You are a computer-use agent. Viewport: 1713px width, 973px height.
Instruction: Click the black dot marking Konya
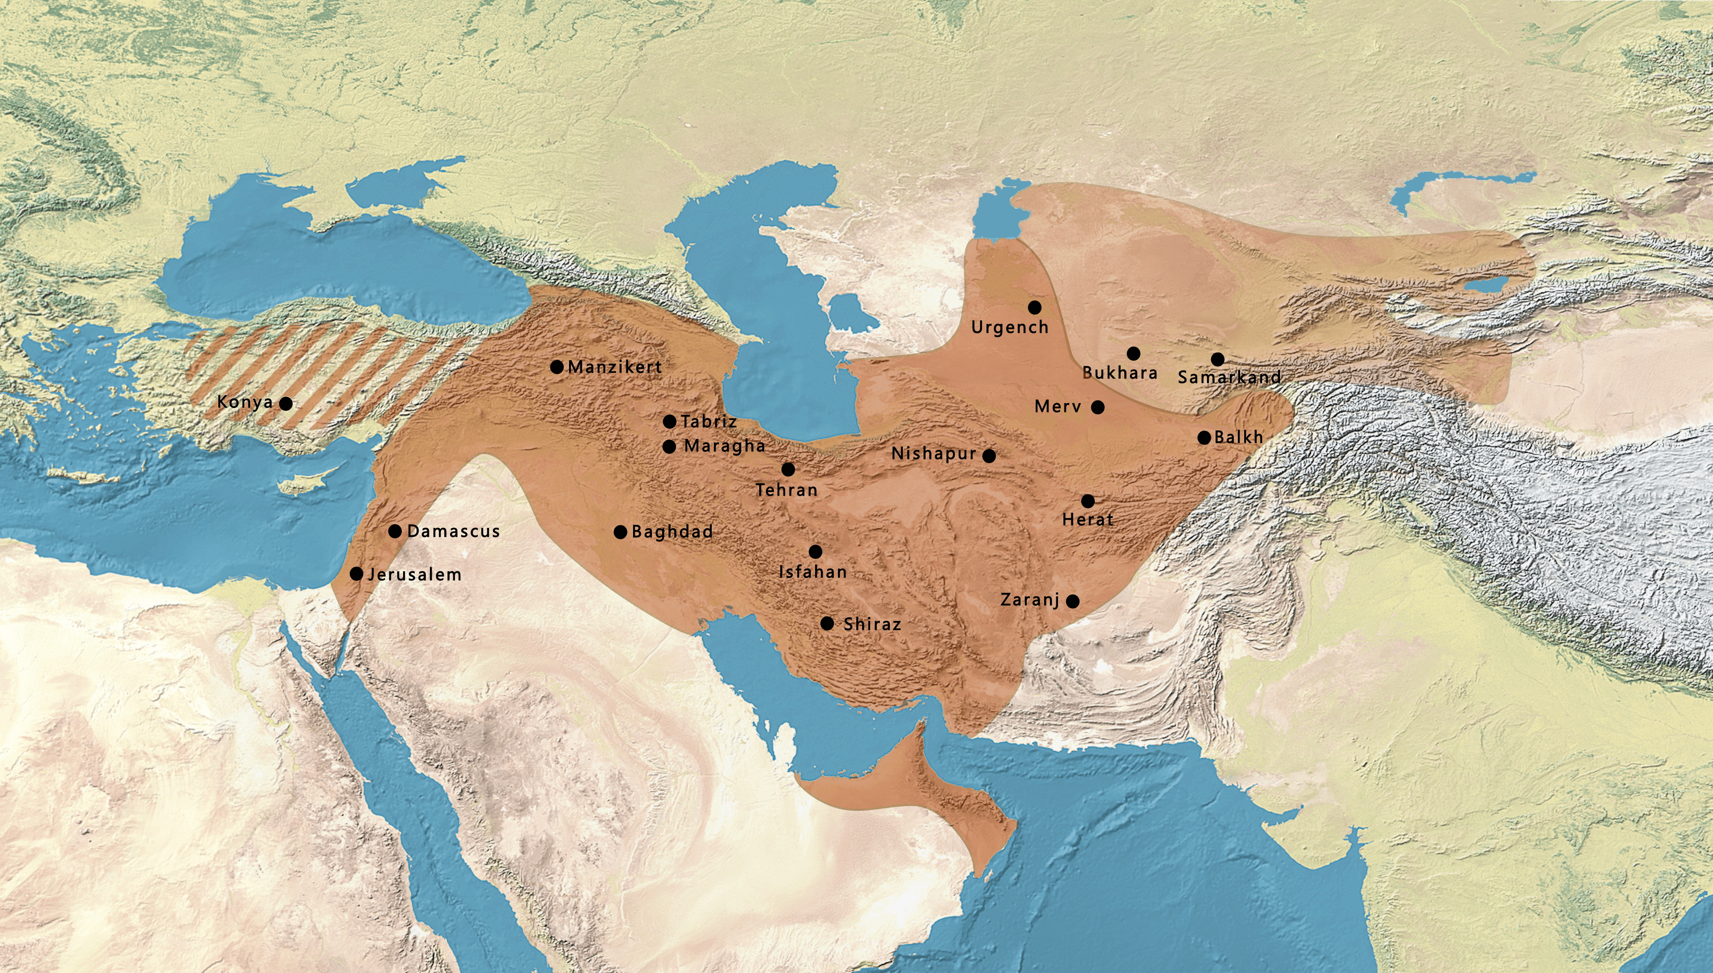[x=285, y=404]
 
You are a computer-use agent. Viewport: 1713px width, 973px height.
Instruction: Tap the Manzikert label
[x=615, y=367]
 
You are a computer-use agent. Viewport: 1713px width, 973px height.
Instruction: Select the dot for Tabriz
[x=669, y=422]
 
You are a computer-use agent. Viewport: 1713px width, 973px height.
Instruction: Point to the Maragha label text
[x=724, y=446]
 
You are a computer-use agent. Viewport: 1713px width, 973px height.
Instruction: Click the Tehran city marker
[x=788, y=469]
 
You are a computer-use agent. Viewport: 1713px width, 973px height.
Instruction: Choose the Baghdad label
[x=672, y=532]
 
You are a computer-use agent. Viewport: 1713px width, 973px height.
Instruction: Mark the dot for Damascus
[x=395, y=531]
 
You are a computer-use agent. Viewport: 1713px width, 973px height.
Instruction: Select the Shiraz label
[x=872, y=624]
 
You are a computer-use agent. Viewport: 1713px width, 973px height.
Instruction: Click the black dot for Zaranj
[x=1072, y=601]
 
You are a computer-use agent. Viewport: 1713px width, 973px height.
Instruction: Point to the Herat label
[x=1088, y=519]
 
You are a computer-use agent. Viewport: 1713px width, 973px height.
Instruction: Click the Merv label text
[x=1057, y=406]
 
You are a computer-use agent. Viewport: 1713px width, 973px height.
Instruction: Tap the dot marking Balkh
[x=1204, y=438]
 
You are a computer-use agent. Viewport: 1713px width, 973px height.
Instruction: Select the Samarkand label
[x=1229, y=378]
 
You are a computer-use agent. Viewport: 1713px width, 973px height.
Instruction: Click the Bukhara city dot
[x=1133, y=353]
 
